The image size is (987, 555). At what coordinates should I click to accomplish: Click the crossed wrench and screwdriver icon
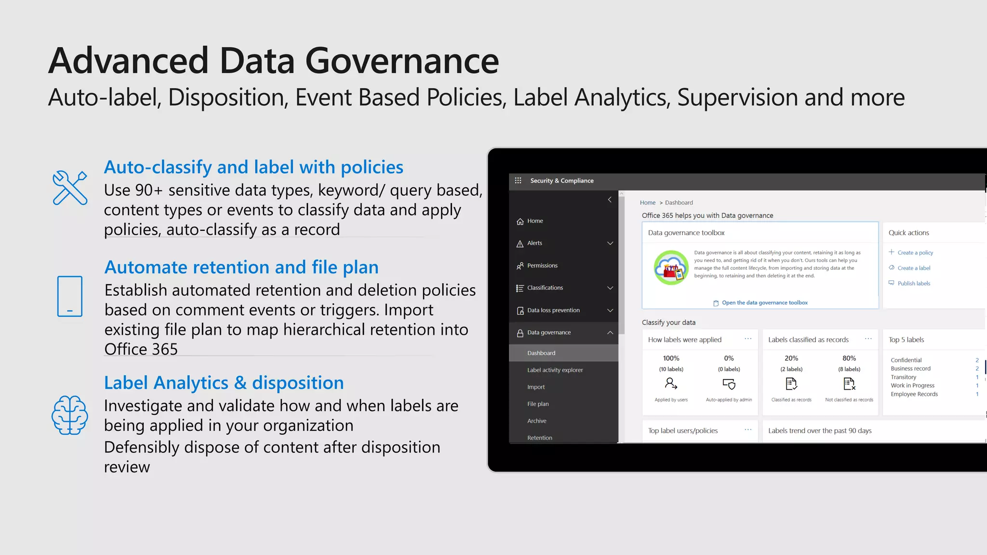(x=70, y=187)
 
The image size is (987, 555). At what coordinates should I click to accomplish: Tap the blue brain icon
(x=70, y=415)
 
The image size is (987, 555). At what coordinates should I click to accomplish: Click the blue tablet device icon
(x=70, y=296)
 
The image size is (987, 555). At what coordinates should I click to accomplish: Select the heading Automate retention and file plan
(x=241, y=267)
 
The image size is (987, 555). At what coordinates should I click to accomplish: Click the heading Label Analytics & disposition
(x=224, y=383)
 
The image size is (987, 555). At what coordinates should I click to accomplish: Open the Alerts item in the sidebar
(x=534, y=243)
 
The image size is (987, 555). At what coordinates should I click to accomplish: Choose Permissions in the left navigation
(x=542, y=265)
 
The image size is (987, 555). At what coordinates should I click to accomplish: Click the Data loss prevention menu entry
(x=553, y=310)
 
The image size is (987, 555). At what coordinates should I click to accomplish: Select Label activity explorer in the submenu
(x=555, y=370)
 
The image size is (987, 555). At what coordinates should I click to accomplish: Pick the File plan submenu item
(x=538, y=404)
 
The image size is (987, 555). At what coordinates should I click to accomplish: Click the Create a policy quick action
(x=915, y=252)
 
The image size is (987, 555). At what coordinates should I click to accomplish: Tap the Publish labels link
(x=914, y=283)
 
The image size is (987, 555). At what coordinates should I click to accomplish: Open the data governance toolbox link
(x=764, y=303)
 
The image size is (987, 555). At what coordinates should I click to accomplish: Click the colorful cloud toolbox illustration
(x=671, y=267)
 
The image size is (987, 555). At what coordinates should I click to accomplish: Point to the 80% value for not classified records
(x=849, y=358)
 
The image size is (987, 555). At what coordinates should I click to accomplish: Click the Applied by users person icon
(x=671, y=383)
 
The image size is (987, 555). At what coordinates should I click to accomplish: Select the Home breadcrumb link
(x=648, y=203)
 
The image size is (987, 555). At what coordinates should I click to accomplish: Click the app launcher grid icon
(x=518, y=181)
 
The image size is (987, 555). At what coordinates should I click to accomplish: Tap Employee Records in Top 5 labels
(x=914, y=394)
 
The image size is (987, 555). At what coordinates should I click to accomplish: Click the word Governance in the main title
(x=402, y=61)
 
